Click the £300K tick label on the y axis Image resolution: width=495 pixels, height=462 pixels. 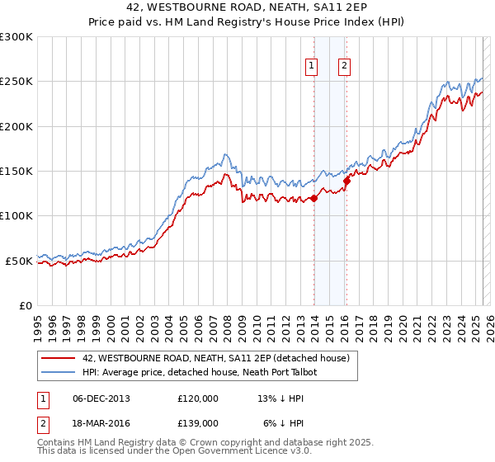click(16, 37)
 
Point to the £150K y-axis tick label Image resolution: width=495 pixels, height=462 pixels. click(16, 171)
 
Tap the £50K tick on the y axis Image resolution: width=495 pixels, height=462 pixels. click(20, 261)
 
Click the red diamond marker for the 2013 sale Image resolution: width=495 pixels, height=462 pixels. click(314, 198)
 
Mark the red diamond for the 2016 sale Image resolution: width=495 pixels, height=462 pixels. click(347, 181)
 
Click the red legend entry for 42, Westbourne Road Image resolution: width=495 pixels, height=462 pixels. click(217, 358)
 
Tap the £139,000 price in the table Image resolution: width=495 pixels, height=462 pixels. click(197, 422)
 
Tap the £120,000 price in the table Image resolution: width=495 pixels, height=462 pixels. click(197, 398)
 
